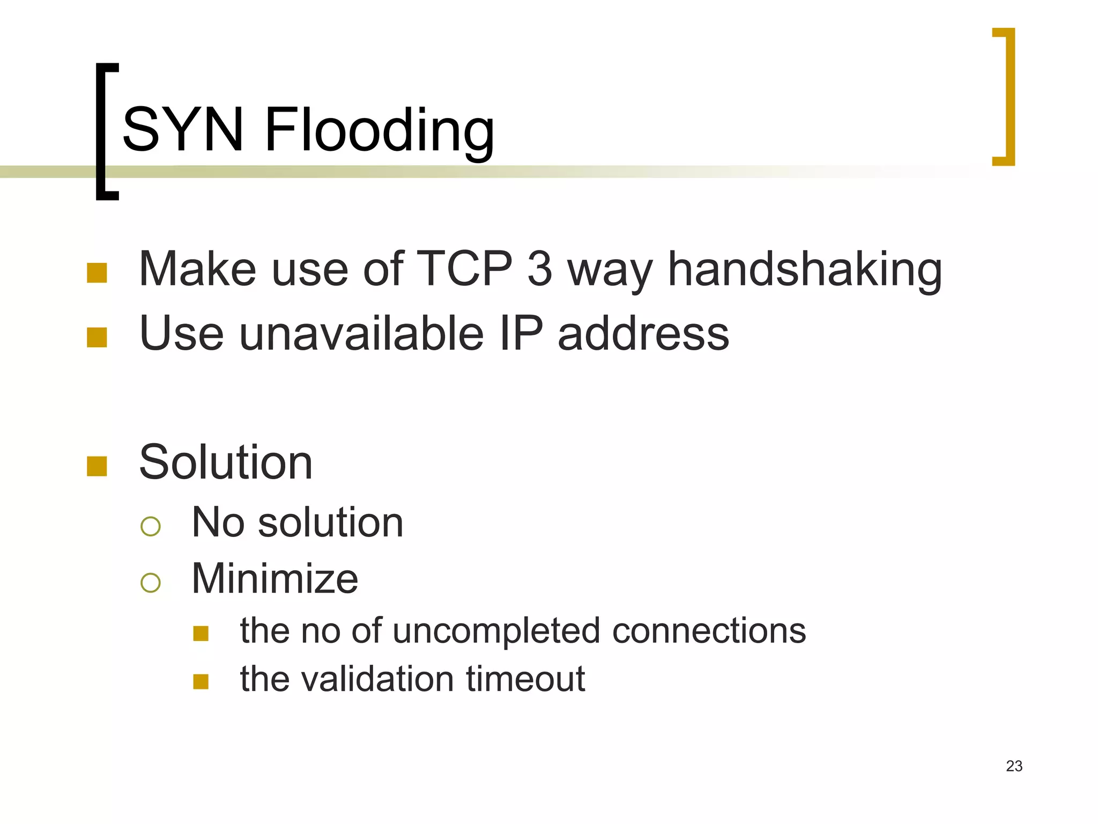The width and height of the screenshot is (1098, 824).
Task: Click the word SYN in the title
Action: pyautogui.click(x=183, y=129)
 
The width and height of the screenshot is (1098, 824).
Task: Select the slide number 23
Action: pyautogui.click(x=1014, y=766)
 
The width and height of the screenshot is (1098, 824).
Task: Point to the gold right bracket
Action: pyautogui.click(x=1007, y=97)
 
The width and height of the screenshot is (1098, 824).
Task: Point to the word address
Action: pyautogui.click(x=643, y=333)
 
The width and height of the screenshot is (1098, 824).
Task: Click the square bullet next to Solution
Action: pyautogui.click(x=97, y=466)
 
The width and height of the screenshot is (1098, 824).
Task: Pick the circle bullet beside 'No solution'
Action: pyautogui.click(x=151, y=526)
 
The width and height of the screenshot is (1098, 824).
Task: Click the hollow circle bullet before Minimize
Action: pyautogui.click(x=151, y=583)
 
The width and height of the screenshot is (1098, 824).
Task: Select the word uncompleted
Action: pyautogui.click(x=496, y=631)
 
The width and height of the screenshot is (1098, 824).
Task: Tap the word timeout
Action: pyautogui.click(x=525, y=679)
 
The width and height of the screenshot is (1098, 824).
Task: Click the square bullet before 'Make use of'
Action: pyautogui.click(x=97, y=273)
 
